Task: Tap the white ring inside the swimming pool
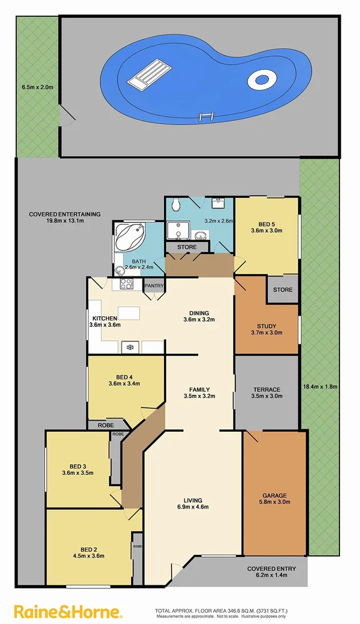coord(261,79)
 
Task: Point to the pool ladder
coord(207,116)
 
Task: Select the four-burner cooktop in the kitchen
coord(125,283)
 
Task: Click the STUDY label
coord(266,326)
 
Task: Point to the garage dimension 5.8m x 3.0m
coord(275,501)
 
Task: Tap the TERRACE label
coord(266,389)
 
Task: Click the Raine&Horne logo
coord(69,610)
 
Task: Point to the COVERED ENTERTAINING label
coord(56,214)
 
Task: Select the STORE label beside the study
coord(283,290)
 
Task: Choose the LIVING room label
coord(192,499)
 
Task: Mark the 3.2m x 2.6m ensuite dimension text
coord(218,221)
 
